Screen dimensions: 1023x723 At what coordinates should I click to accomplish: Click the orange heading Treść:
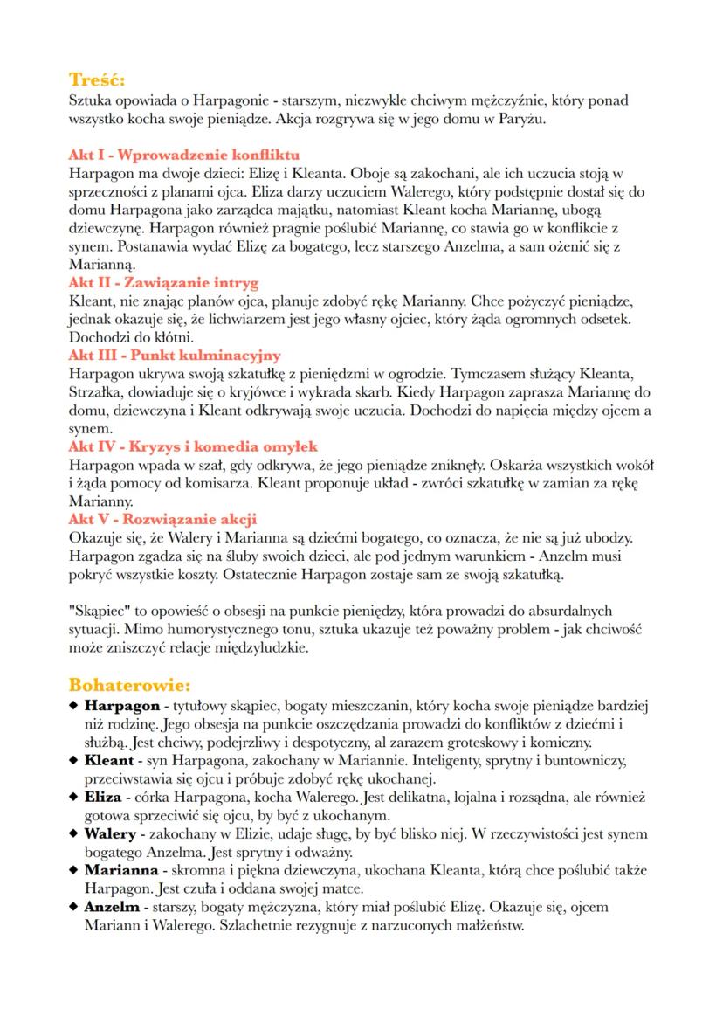point(96,79)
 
